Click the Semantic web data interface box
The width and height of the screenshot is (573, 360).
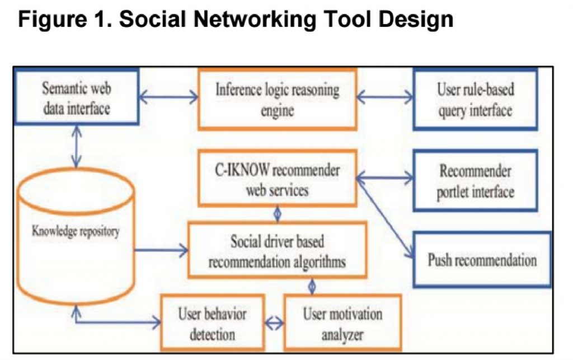pyautogui.click(x=77, y=97)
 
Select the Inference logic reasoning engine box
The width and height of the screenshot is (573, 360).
pyautogui.click(x=278, y=99)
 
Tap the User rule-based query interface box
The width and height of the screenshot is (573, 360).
pyautogui.click(x=475, y=99)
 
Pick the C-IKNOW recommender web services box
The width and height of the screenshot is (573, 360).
pyautogui.click(x=277, y=179)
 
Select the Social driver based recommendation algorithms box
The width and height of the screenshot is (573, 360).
pyautogui.click(x=277, y=250)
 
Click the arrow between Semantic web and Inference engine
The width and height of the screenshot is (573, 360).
pyautogui.click(x=168, y=98)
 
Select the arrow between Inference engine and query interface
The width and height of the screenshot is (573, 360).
pyautogui.click(x=384, y=98)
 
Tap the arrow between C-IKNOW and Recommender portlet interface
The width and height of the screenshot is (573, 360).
pyautogui.click(x=384, y=180)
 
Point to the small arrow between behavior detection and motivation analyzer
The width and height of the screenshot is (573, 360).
pyautogui.click(x=274, y=323)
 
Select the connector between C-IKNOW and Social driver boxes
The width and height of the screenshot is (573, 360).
pyautogui.click(x=277, y=214)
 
